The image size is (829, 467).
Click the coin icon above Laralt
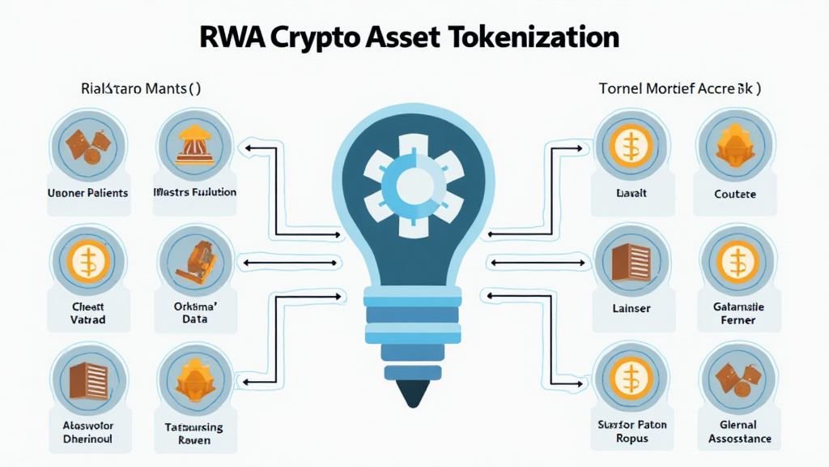[x=628, y=148]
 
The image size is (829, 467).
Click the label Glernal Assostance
[x=738, y=432]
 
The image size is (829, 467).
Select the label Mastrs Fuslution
[x=194, y=193]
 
